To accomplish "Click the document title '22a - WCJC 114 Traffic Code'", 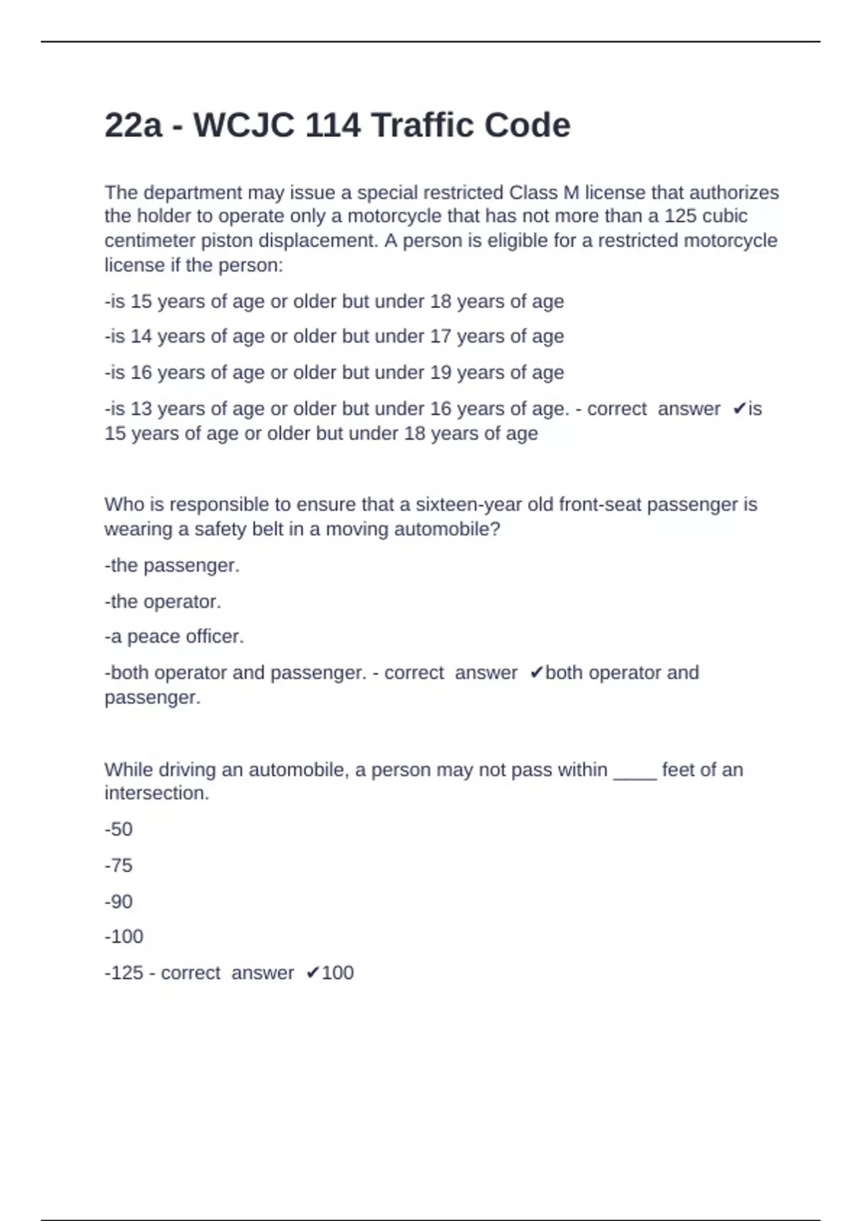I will coord(337,126).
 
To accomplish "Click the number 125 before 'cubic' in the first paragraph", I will coord(680,216).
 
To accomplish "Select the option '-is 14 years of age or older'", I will coord(334,336).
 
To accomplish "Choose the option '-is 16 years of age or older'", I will coord(334,373).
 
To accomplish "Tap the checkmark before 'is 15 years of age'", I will coord(739,409).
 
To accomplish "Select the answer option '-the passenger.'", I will coord(172,566).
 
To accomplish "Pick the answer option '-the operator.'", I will coord(162,602).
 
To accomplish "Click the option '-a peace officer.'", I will coord(174,637).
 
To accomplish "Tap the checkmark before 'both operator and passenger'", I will coord(536,673).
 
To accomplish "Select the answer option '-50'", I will coord(119,830).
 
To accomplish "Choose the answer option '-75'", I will coord(119,865).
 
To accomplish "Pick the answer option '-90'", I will coord(119,901).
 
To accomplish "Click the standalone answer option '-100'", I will coord(124,937).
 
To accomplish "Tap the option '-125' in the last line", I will coord(124,973).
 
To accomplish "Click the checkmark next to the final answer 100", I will coord(312,973).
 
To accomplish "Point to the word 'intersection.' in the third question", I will coord(157,794).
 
